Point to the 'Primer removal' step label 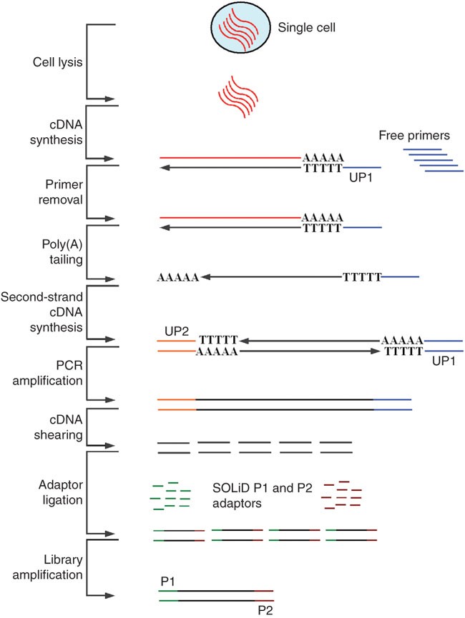(55, 191)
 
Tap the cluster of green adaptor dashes (171, 495)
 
